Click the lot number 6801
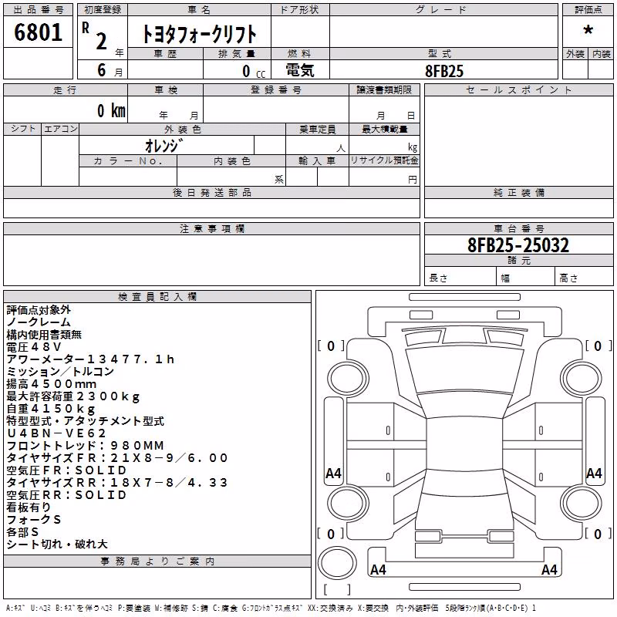click(38, 32)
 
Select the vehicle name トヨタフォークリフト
click(199, 34)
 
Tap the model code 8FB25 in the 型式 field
click(444, 71)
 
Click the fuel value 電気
click(300, 70)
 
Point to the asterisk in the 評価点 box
click(588, 30)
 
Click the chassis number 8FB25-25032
click(518, 244)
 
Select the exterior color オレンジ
click(164, 146)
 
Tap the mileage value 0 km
click(111, 110)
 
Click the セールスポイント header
click(518, 90)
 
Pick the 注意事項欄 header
click(212, 228)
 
